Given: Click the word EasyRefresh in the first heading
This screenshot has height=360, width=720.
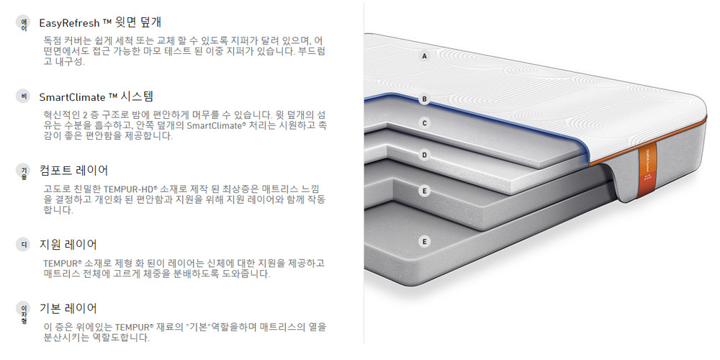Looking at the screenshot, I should pos(68,22).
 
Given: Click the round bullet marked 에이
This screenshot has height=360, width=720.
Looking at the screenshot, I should pos(24,22).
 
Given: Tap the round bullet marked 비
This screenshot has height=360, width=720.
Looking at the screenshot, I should pos(24,96).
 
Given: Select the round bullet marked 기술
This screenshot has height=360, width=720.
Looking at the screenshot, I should pos(24,171).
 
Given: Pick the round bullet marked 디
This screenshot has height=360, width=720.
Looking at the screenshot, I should pos(24,245).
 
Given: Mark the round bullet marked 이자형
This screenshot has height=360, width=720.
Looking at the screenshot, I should pos(24,310).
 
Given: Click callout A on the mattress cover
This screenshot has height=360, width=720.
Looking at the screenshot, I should pos(425,56).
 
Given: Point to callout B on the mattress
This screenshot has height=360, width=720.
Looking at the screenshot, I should pos(425,99).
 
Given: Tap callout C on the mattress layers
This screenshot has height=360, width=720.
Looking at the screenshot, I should pos(425,123).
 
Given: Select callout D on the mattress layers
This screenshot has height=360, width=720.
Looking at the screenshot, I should pos(425,154).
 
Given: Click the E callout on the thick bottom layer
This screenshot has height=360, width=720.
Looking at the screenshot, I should pos(425,241).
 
